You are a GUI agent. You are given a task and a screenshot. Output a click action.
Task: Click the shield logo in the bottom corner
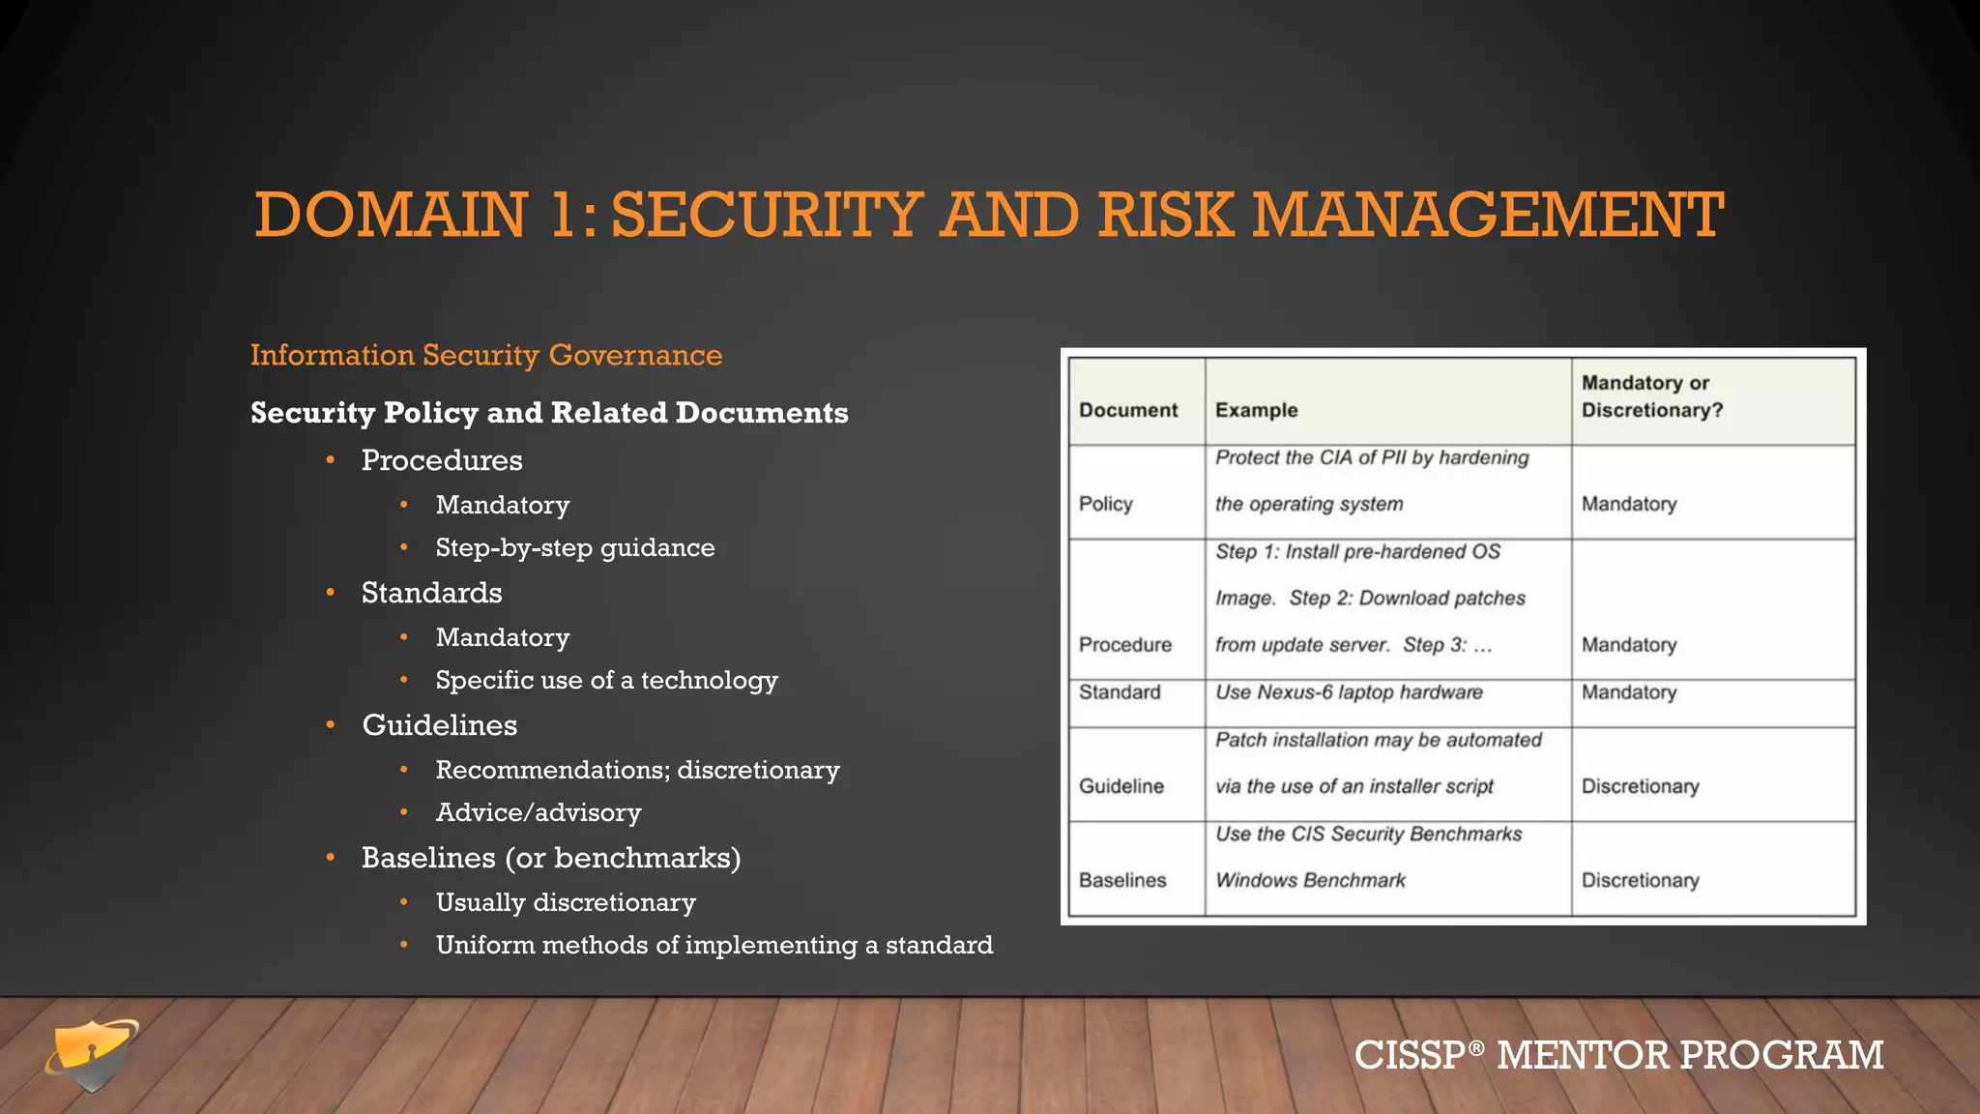coord(91,1055)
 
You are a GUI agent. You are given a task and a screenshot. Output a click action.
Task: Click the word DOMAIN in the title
coord(391,215)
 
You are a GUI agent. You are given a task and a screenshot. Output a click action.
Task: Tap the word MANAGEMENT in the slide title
coord(1488,215)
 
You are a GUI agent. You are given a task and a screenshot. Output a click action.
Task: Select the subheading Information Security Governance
coord(486,355)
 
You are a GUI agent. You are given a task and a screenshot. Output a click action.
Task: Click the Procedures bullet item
coord(442,460)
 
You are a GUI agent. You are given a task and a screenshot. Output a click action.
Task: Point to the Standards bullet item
coord(431,593)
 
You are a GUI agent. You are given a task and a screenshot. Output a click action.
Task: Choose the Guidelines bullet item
coord(439,725)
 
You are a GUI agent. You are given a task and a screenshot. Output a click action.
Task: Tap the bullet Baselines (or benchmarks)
coord(551,858)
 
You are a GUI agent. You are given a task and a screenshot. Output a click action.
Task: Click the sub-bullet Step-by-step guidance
coord(575,547)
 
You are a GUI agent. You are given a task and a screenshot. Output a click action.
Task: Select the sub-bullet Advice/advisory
coord(539,812)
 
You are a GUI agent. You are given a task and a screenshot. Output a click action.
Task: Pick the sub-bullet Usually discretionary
coord(566,902)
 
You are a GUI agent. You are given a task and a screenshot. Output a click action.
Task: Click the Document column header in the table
coord(1128,410)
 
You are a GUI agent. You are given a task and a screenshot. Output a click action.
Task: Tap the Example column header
coord(1256,410)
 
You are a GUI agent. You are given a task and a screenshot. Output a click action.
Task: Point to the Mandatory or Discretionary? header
coord(1651,396)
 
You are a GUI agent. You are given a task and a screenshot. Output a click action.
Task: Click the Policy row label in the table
coord(1105,504)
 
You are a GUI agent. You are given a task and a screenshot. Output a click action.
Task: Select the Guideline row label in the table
coord(1121,786)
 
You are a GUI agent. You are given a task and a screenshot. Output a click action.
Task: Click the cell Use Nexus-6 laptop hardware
coord(1349,692)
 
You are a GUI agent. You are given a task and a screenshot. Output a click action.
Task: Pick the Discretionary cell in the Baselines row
coord(1640,880)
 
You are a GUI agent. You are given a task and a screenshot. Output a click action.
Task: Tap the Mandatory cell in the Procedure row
coord(1628,645)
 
